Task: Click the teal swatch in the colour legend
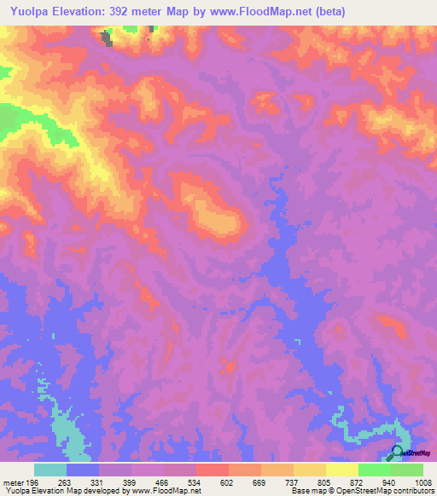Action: pos(50,470)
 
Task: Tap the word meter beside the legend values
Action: pos(13,482)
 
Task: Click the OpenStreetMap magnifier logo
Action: pos(397,452)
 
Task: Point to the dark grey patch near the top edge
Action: pos(107,38)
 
